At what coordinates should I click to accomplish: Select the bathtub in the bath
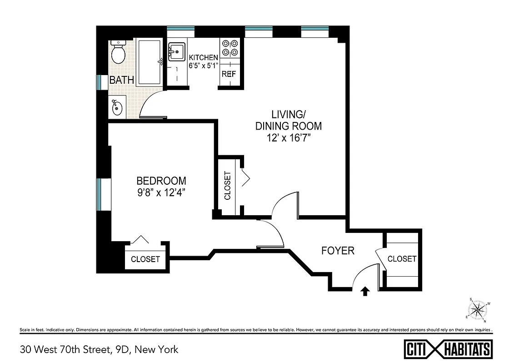[x=149, y=62]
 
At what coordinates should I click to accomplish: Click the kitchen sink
[x=176, y=52]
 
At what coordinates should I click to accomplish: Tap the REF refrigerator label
[x=229, y=73]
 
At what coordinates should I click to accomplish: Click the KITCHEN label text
[x=203, y=58]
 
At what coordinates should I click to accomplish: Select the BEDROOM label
[x=161, y=180]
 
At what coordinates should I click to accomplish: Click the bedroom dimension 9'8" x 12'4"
[x=161, y=192]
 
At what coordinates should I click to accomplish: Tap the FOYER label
[x=338, y=250]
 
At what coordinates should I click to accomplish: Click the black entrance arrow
[x=364, y=291]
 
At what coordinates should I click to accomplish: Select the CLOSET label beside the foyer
[x=402, y=258]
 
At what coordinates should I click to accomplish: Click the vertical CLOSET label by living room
[x=228, y=186]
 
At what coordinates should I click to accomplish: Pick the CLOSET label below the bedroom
[x=145, y=259]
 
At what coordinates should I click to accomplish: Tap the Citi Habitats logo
[x=448, y=349]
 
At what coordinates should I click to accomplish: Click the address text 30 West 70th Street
[x=99, y=349]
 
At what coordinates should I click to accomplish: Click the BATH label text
[x=122, y=80]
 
